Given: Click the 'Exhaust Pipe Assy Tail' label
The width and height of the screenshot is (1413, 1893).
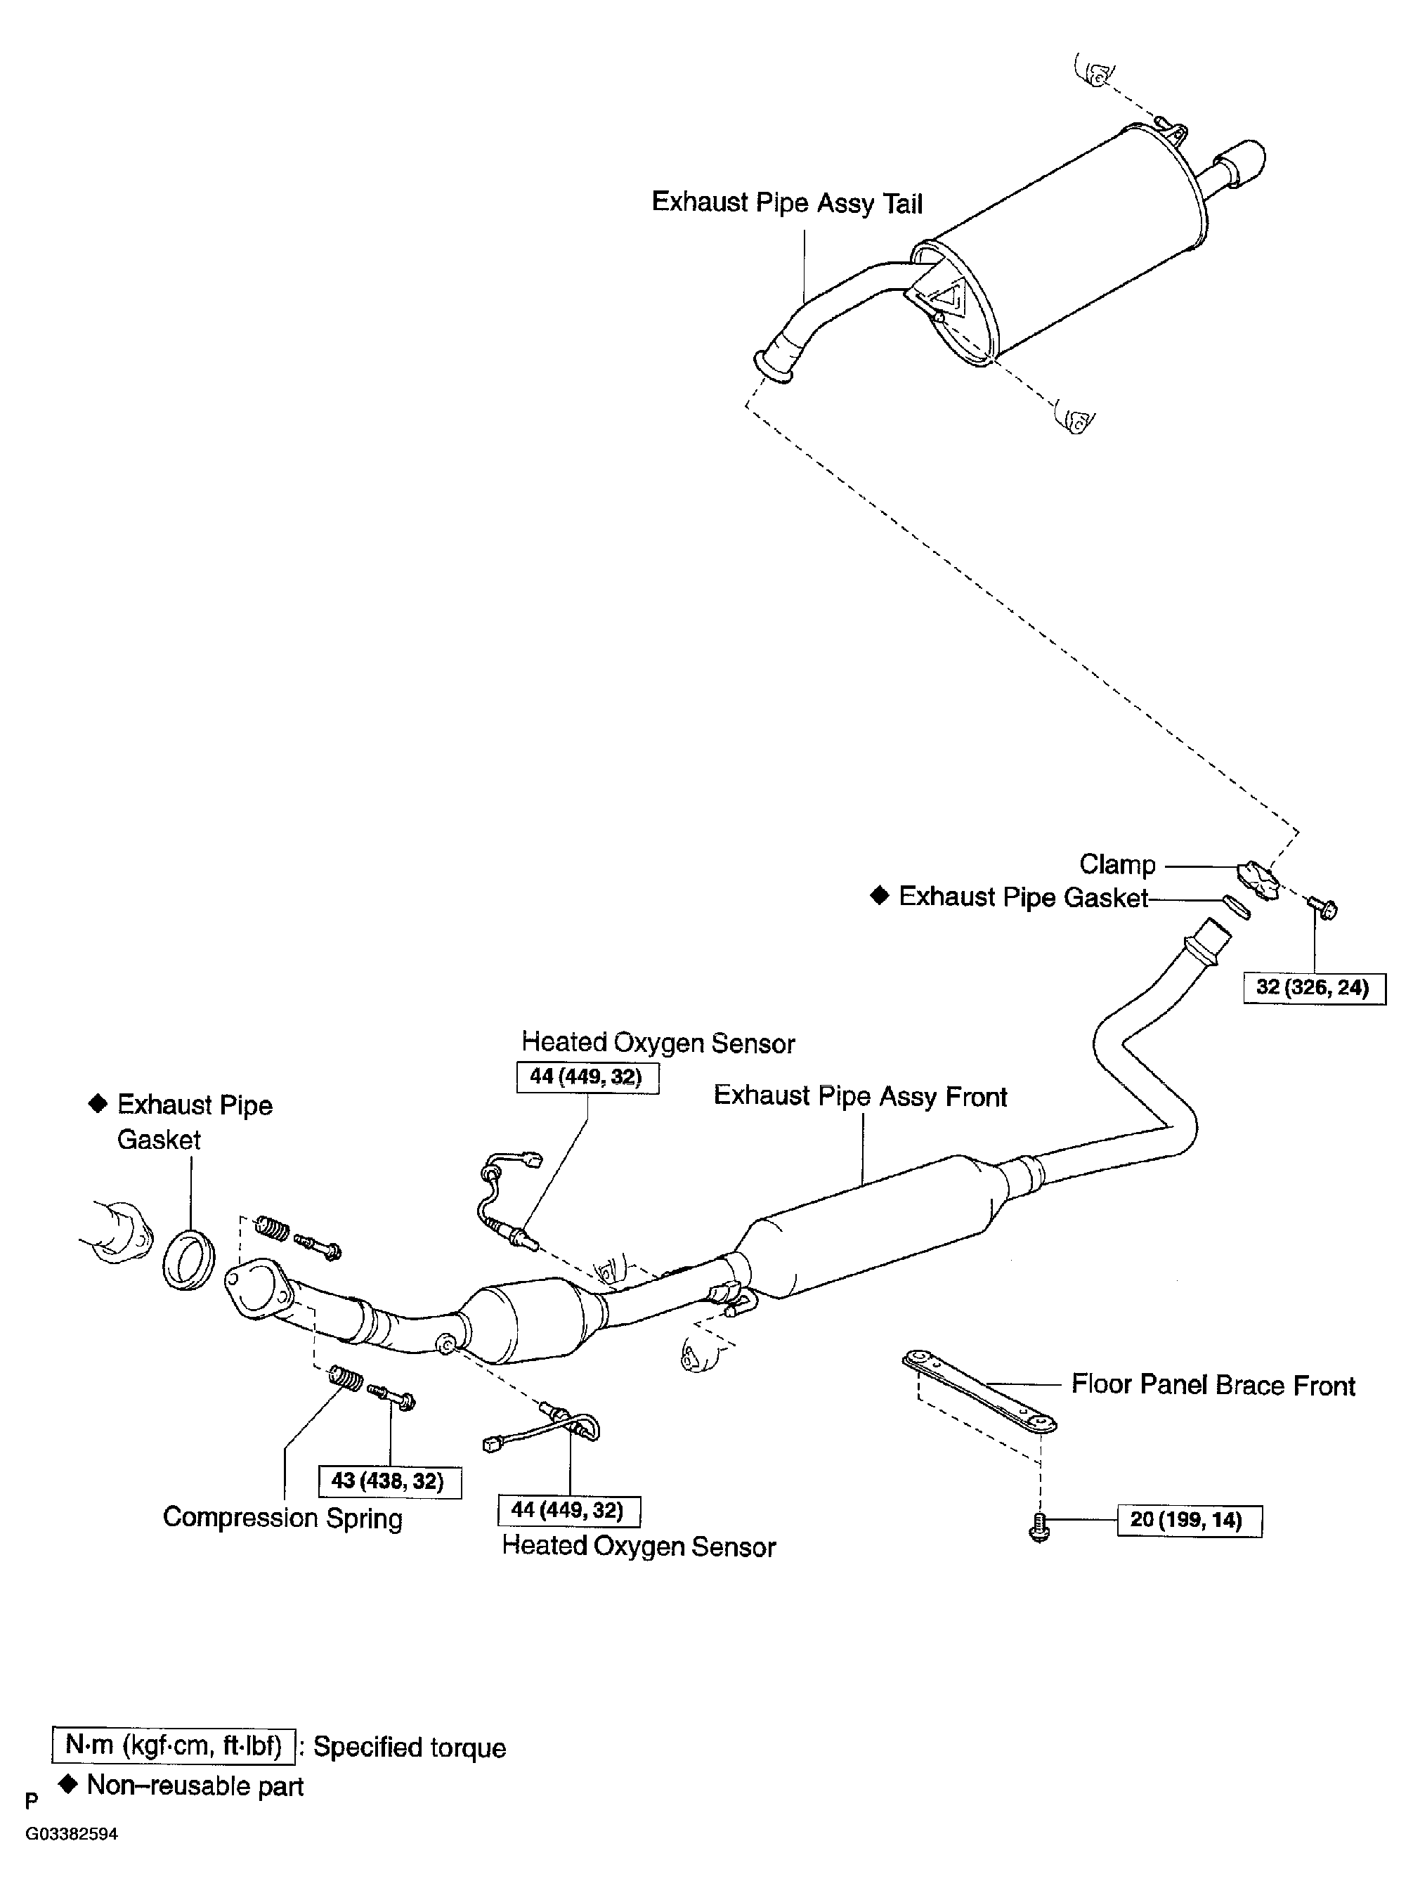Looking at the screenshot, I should tap(787, 203).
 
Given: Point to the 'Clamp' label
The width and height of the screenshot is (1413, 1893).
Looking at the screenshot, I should tap(1116, 864).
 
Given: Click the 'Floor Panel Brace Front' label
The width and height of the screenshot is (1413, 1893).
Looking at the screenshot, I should tap(1213, 1385).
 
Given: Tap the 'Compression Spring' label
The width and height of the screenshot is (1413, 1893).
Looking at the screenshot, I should tap(282, 1518).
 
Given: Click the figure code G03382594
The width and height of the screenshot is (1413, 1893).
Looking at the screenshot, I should tap(71, 1834).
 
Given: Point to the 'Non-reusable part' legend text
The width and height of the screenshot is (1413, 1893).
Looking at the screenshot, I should tap(195, 1786).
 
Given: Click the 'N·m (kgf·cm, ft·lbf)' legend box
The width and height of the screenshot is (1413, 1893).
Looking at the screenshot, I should tap(174, 1745).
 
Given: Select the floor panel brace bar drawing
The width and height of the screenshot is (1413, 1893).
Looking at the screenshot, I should tap(979, 1390).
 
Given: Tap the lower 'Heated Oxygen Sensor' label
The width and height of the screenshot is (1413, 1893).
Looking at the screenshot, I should tap(638, 1547).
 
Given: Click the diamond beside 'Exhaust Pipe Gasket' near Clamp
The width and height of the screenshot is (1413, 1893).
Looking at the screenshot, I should tap(879, 896).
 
